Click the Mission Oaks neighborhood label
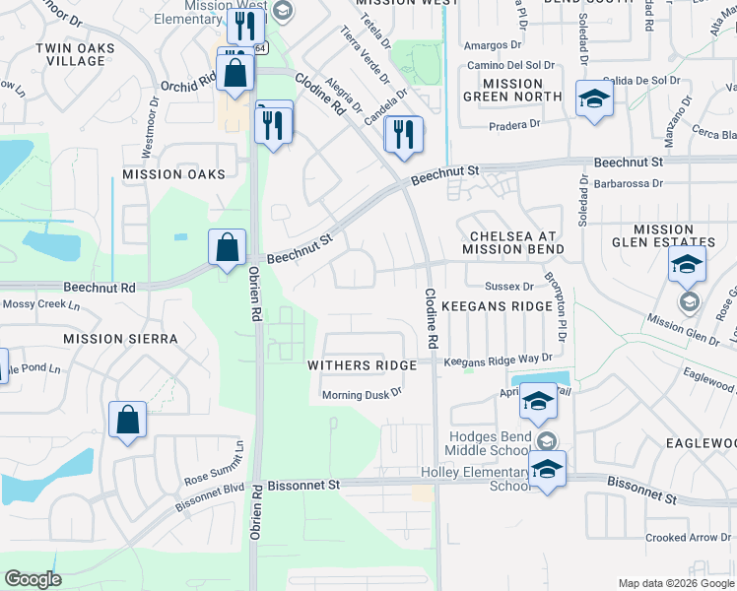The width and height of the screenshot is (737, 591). [173, 174]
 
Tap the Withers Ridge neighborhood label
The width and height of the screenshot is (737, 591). [362, 364]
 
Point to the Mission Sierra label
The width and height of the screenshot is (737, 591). [120, 339]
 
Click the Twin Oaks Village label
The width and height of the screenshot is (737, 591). [70, 54]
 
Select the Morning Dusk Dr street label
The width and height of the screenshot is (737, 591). [364, 395]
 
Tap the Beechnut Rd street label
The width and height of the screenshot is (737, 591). [100, 288]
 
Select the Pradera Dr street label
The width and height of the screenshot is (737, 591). [515, 124]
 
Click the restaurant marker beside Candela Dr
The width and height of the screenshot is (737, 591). [404, 134]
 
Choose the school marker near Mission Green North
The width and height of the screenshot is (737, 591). [594, 99]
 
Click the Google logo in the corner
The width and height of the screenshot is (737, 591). [33, 579]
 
